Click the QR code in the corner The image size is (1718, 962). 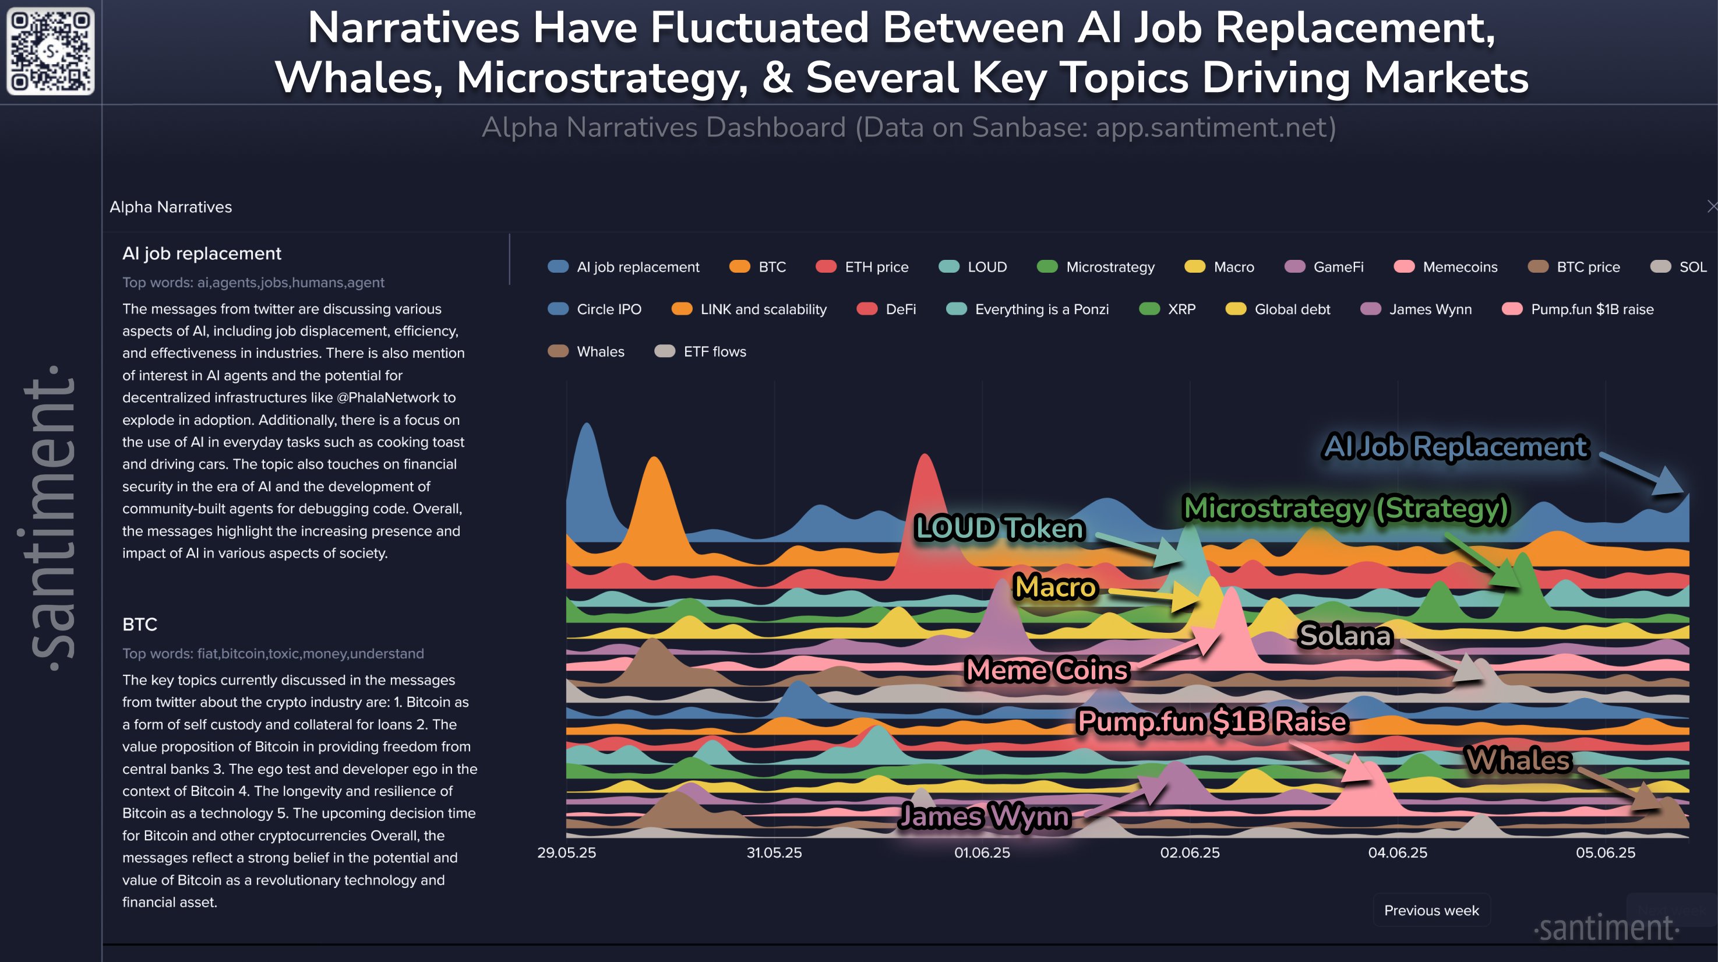coord(50,51)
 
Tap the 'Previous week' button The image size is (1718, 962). coord(1431,910)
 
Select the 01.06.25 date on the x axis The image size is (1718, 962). coord(982,852)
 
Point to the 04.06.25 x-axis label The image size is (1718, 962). coord(1397,852)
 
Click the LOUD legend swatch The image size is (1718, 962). coord(948,267)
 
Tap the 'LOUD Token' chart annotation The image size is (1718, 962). coord(999,528)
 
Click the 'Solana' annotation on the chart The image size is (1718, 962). coord(1345,635)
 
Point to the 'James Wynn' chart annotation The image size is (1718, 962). coord(985,816)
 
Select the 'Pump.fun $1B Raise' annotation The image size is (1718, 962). coord(1212,722)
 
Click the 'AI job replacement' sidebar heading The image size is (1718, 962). coord(202,253)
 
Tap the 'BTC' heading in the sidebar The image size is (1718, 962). coord(139,625)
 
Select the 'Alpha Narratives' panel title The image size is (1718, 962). coord(171,207)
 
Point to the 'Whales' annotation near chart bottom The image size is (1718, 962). coord(1518,760)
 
